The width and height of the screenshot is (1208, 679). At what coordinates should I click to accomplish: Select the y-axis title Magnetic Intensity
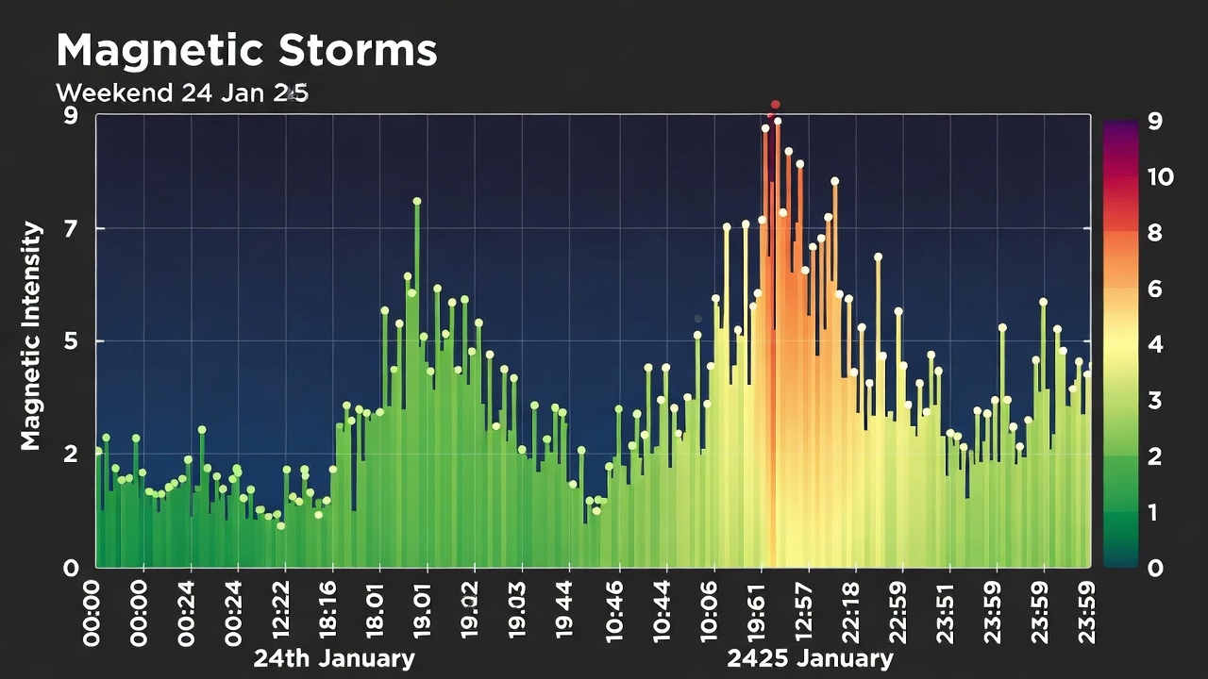31,336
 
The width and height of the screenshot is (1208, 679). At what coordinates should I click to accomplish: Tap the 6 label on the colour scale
1153,290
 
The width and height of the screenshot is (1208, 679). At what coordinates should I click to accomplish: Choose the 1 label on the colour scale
1152,512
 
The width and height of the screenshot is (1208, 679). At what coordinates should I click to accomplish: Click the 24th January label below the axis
333,658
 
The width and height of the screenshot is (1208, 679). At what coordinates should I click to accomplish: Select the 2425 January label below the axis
810,658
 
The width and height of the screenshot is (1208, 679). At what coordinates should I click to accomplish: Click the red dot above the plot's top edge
776,105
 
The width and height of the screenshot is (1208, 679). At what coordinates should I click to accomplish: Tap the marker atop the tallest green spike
416,201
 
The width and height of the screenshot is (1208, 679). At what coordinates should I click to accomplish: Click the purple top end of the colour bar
1119,126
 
